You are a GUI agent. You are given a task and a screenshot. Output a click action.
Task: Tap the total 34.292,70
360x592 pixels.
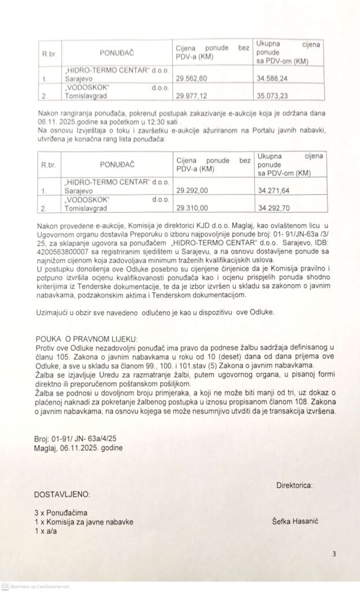pyautogui.click(x=273, y=208)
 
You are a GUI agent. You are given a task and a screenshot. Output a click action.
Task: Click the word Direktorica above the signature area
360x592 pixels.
pyautogui.click(x=295, y=484)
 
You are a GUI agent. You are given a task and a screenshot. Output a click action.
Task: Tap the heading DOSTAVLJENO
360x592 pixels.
pyautogui.click(x=62, y=495)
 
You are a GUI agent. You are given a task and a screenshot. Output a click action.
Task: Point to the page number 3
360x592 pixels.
pyautogui.click(x=334, y=554)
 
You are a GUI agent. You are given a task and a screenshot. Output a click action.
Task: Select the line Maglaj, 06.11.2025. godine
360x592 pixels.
pyautogui.click(x=79, y=447)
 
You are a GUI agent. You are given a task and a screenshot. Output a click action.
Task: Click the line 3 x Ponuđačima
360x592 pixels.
pyautogui.click(x=61, y=513)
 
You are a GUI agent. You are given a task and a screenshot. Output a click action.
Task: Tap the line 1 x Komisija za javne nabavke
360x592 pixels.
pyautogui.click(x=84, y=521)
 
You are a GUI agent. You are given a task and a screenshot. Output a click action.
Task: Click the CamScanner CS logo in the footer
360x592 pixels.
pyautogui.click(x=5, y=586)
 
